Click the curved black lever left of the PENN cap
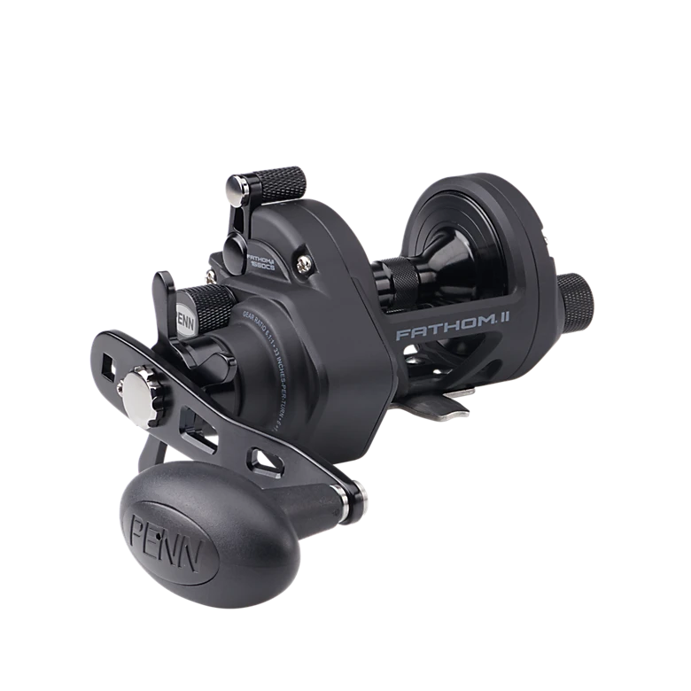(164, 297)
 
